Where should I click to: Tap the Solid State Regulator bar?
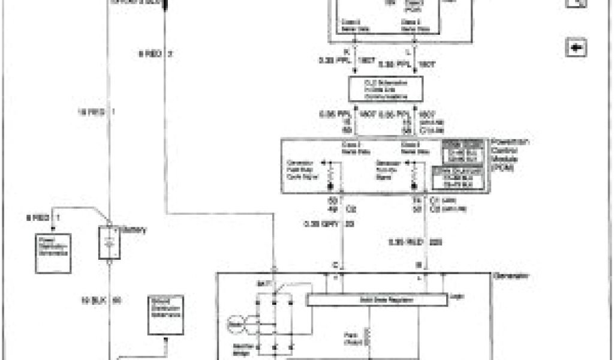(x=377, y=299)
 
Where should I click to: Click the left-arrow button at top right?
(x=576, y=47)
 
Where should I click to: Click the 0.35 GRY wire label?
(x=319, y=224)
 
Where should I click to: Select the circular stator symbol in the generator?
(x=236, y=326)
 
